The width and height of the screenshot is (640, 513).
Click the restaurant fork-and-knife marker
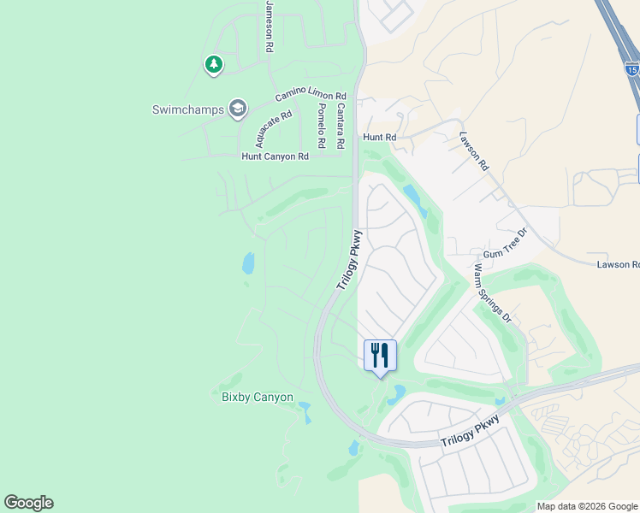[380, 355]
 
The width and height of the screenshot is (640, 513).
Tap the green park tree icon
[213, 64]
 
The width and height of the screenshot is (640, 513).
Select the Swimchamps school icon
[237, 109]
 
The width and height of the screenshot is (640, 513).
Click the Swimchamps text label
[188, 109]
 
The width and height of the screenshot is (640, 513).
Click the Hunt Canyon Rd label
[275, 156]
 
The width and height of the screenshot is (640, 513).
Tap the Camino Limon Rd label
[310, 96]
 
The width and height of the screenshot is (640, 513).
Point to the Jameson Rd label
[269, 27]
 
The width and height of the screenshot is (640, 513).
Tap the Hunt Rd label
[379, 137]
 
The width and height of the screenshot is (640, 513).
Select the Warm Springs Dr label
[492, 292]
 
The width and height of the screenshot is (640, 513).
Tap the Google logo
[28, 503]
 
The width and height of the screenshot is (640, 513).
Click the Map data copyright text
[588, 506]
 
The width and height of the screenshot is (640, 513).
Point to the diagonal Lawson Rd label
[473, 150]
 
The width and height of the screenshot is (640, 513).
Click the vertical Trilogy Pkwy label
[349, 260]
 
